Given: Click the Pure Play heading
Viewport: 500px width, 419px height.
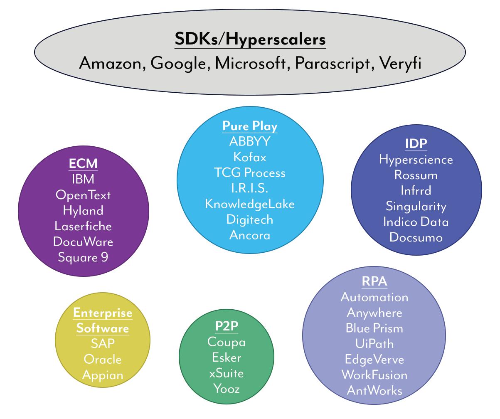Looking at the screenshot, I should click(x=250, y=126).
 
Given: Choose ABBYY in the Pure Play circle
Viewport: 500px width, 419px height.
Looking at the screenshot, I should click(x=250, y=142).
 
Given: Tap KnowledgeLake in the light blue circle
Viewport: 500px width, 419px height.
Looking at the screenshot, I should click(x=250, y=204).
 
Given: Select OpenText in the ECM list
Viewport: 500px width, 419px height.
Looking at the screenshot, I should click(x=83, y=195).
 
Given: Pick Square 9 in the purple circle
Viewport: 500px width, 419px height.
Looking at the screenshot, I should click(x=83, y=257).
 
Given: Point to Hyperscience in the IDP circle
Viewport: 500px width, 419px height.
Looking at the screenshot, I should click(x=416, y=160).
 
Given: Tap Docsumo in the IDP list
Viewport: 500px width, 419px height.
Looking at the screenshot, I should click(x=416, y=237).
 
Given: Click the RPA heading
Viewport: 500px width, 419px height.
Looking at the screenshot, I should click(x=374, y=281).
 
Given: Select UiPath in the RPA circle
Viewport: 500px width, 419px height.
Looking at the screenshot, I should click(x=374, y=344).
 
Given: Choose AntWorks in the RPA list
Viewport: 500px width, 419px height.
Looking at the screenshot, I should click(x=374, y=391).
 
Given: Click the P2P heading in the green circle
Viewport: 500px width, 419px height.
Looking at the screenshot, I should click(x=227, y=326).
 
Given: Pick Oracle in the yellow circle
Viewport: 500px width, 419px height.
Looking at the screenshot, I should click(x=103, y=359).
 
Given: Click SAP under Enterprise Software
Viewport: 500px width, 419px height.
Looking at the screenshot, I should click(x=103, y=343).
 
